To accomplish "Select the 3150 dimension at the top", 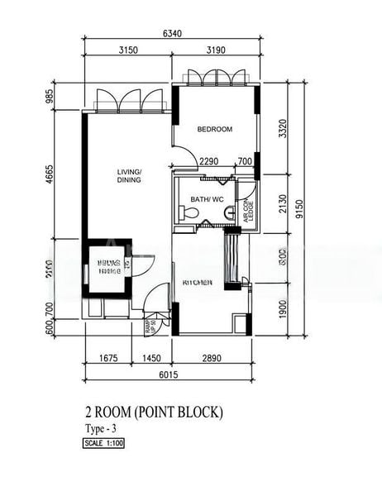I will tap(127, 50).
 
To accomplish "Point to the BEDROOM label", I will tap(214, 129).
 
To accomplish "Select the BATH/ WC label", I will tap(207, 199).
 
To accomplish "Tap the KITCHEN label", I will tap(198, 283).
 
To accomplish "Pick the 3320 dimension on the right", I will tap(284, 130).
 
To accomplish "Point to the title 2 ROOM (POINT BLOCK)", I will tap(154, 412).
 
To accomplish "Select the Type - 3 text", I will tap(102, 428).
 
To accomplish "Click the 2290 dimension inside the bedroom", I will tap(209, 162).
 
